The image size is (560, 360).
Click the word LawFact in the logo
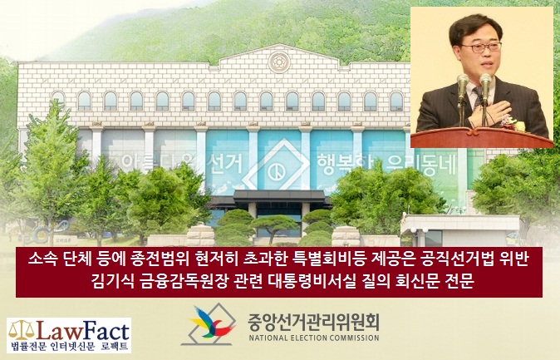pos(83,331)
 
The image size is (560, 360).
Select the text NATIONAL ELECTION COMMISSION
pos(313,338)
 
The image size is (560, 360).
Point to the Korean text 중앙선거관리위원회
pos(313,322)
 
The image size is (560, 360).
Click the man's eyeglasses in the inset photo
pos(481,47)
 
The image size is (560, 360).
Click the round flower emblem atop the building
pos(279,62)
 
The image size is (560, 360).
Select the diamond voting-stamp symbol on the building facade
pos(278,164)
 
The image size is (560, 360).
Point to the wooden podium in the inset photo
pos(481,137)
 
